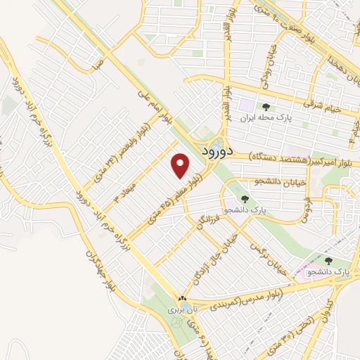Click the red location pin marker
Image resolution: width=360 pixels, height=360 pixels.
point(181,165)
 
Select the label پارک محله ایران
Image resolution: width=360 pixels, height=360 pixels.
point(264,119)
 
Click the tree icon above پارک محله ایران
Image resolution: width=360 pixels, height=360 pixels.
point(264,106)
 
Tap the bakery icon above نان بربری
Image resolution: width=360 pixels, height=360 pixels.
point(181,297)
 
